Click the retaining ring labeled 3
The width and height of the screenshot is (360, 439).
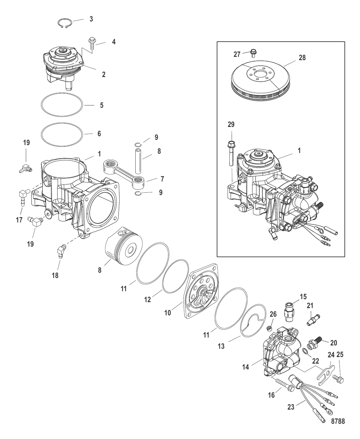coord(65,23)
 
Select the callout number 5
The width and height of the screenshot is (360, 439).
coord(102,105)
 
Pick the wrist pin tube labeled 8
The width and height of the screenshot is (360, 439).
coord(138,161)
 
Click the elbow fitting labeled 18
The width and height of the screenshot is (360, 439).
coord(62,251)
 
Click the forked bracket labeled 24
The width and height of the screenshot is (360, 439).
coord(326,375)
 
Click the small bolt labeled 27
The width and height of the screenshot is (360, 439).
coord(253,53)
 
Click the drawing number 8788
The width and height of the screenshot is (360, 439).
coord(338,421)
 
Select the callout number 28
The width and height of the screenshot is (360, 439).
coord(302,58)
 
